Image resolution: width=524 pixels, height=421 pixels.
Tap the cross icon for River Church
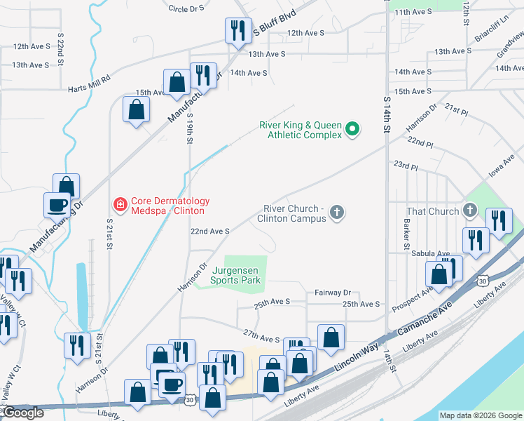pyautogui.click(x=337, y=213)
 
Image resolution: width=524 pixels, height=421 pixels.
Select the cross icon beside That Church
pyautogui.click(x=469, y=210)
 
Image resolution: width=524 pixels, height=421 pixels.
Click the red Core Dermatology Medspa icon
pyautogui.click(x=120, y=205)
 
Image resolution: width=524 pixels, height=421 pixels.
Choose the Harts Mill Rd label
pyautogui.click(x=90, y=83)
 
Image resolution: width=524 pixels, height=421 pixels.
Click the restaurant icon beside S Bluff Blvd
pyautogui.click(x=237, y=31)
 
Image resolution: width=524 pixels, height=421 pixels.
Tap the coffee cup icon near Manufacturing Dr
pyautogui.click(x=57, y=205)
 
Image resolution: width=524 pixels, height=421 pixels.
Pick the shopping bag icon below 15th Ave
pyautogui.click(x=136, y=109)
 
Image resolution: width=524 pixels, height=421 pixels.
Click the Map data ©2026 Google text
pyautogui.click(x=480, y=415)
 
